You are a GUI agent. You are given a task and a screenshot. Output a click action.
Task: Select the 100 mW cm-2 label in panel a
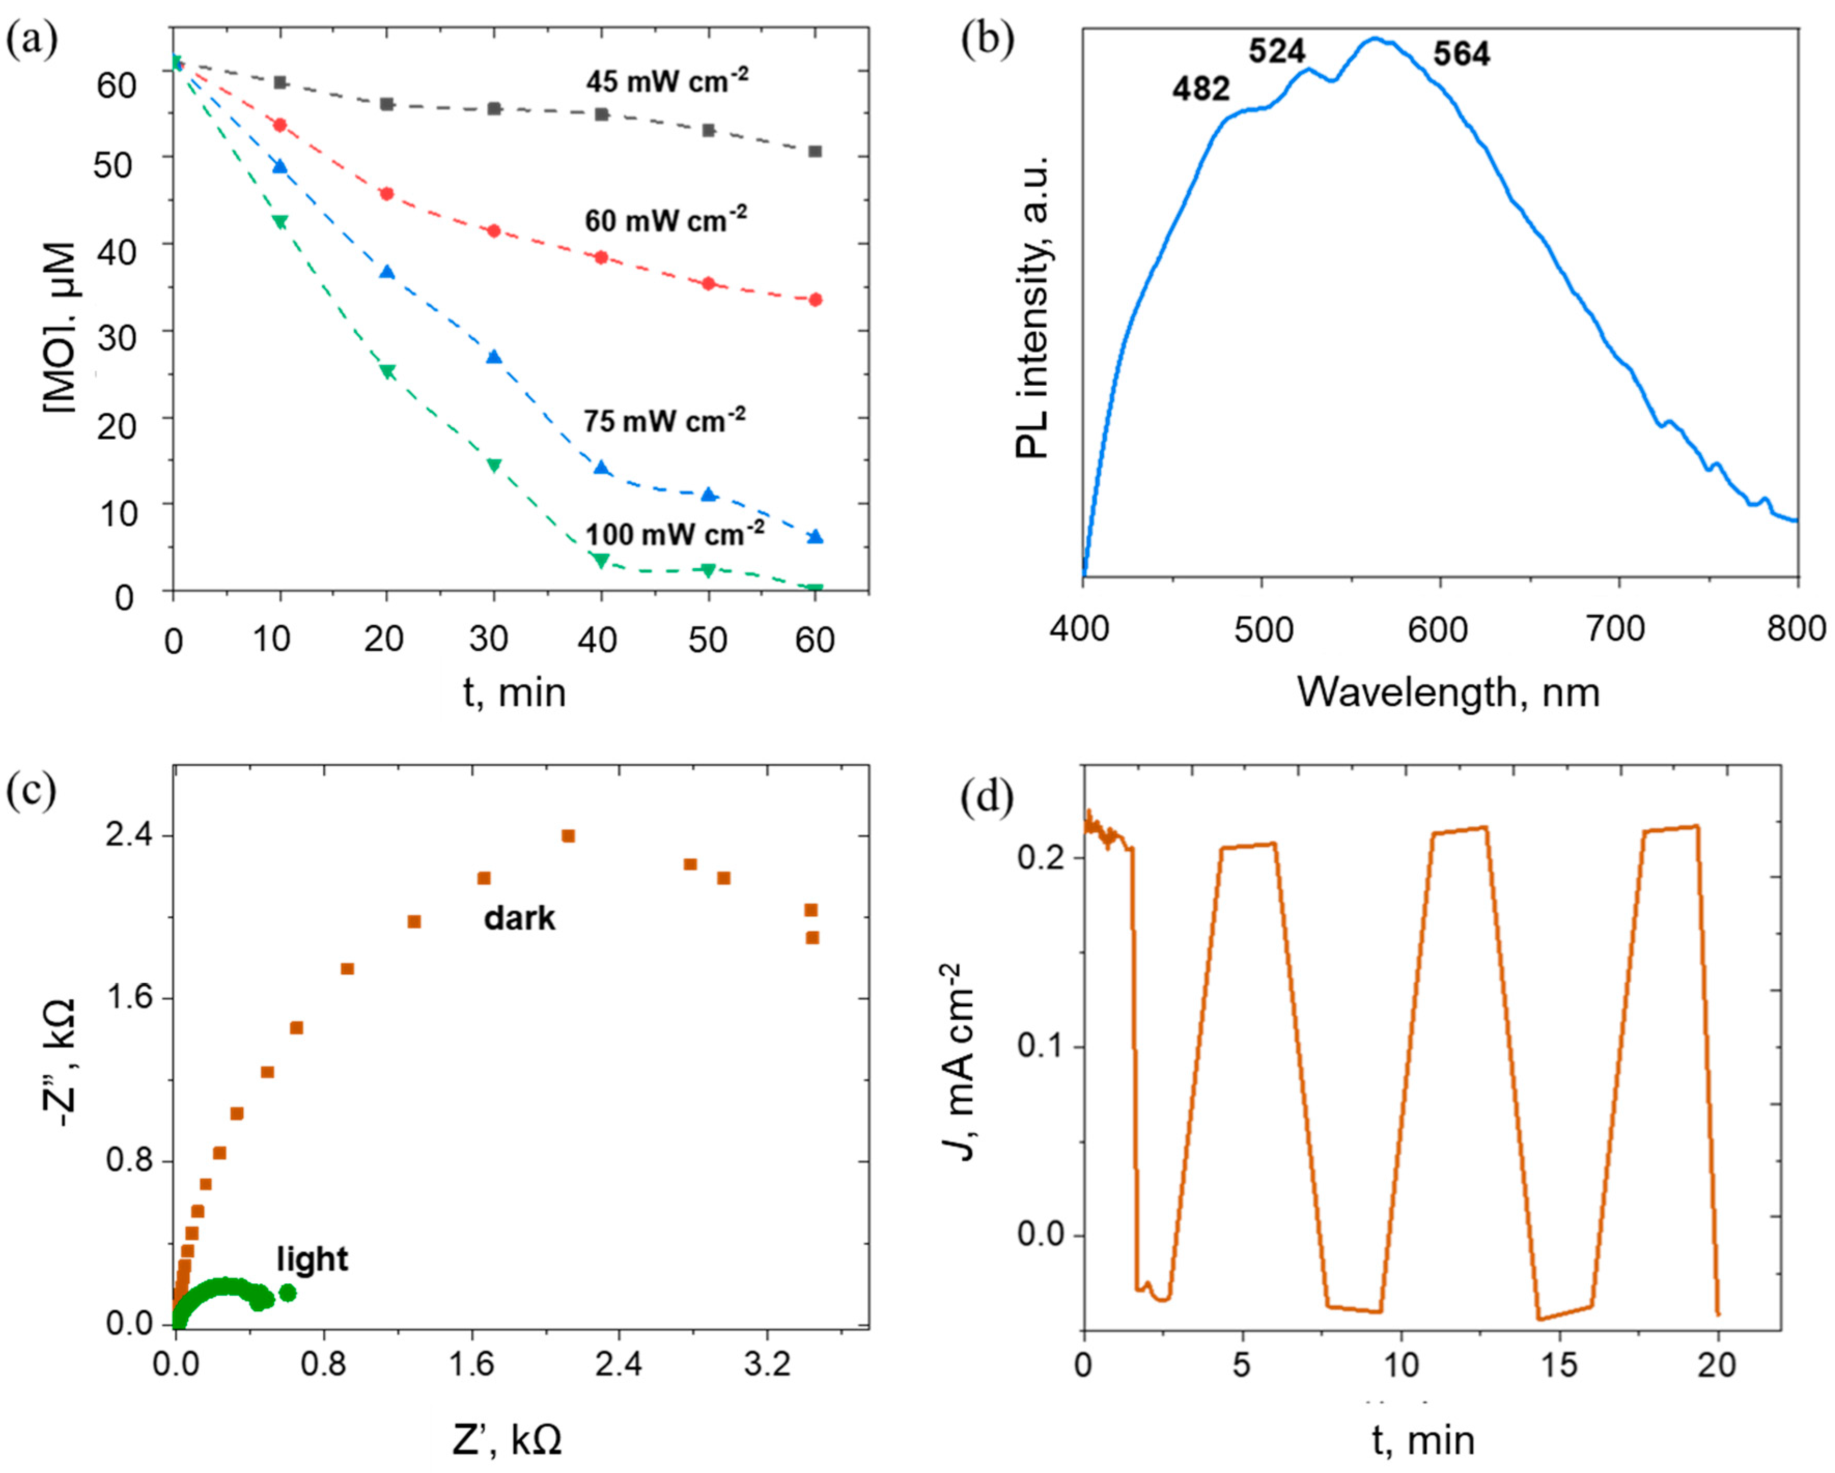pyautogui.click(x=674, y=535)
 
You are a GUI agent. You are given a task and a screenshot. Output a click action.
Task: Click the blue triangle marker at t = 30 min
pyautogui.click(x=494, y=357)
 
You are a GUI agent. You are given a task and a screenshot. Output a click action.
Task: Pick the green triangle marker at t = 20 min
pyautogui.click(x=387, y=372)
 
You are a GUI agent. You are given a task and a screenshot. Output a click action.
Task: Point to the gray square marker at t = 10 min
pyautogui.click(x=280, y=82)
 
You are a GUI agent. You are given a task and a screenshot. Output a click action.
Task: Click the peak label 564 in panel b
pyautogui.click(x=1461, y=54)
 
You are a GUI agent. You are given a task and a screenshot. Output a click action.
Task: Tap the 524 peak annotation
pyautogui.click(x=1277, y=52)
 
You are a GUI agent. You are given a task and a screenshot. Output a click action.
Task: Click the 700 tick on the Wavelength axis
pyautogui.click(x=1616, y=630)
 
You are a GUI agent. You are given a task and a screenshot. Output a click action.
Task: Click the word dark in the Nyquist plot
pyautogui.click(x=519, y=919)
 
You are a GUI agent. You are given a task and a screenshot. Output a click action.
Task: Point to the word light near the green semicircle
pyautogui.click(x=312, y=1259)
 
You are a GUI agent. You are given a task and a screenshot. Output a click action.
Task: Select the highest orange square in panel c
pyautogui.click(x=568, y=836)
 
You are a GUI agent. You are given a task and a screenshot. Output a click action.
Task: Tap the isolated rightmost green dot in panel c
pyautogui.click(x=288, y=1293)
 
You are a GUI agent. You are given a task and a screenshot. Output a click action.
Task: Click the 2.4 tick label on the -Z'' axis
pyautogui.click(x=130, y=836)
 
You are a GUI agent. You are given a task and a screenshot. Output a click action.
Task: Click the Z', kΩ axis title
pyautogui.click(x=507, y=1441)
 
